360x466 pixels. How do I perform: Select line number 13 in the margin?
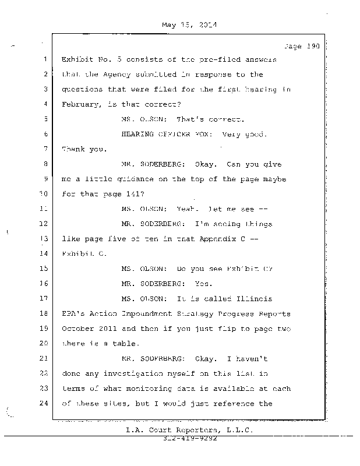[44, 238]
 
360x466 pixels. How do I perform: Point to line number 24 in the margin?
[44, 403]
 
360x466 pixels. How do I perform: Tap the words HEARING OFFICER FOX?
[163, 135]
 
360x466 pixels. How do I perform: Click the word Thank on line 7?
[73, 150]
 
